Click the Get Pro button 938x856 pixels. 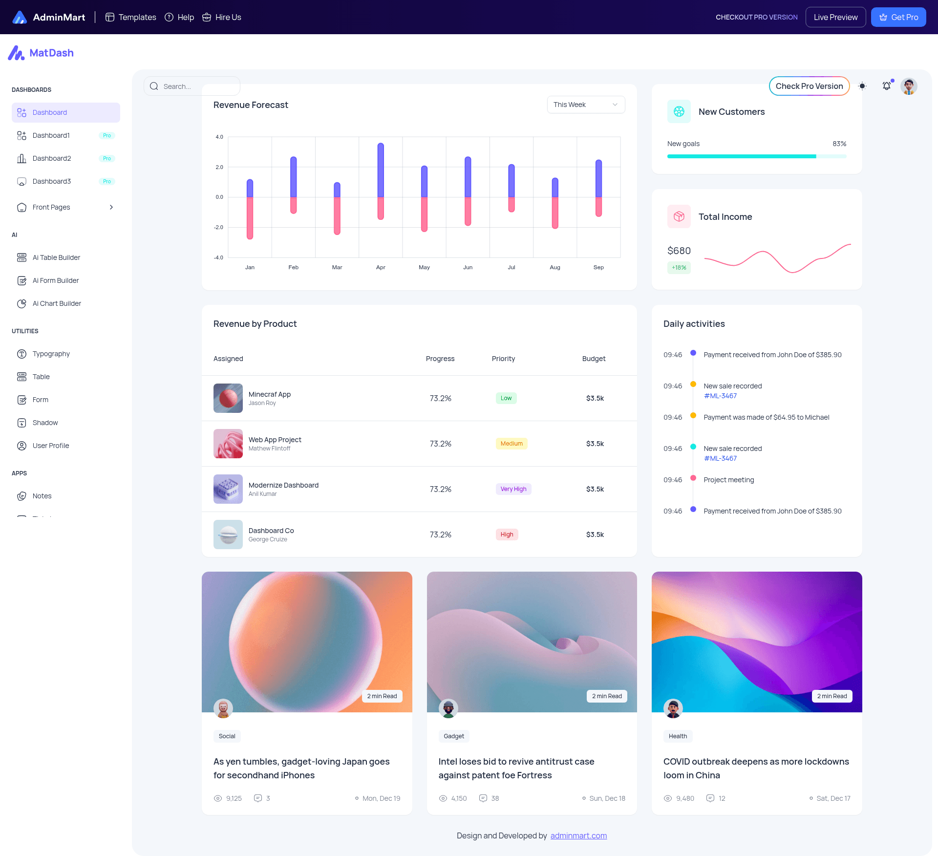[898, 17]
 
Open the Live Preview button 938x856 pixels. [835, 17]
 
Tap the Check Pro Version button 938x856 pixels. [809, 86]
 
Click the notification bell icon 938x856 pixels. [886, 86]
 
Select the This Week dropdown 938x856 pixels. [586, 105]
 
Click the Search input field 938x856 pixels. [192, 86]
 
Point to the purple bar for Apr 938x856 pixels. [381, 170]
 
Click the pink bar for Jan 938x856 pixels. [250, 218]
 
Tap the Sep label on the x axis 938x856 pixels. [598, 267]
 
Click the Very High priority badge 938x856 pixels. [513, 489]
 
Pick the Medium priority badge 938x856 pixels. [512, 444]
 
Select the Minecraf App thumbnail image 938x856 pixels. [228, 398]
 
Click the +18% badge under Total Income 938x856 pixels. [679, 268]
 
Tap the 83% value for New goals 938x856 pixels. [839, 144]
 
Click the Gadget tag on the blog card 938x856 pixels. [454, 736]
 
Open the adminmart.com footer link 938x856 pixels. [578, 835]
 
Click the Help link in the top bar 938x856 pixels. [179, 17]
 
